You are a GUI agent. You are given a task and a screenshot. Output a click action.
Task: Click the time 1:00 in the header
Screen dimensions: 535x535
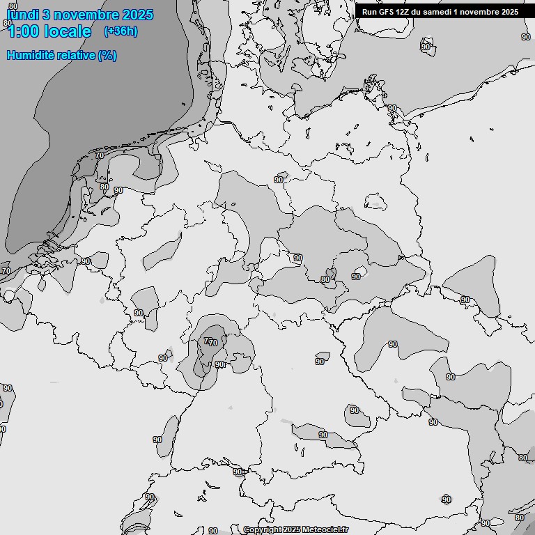click(23, 31)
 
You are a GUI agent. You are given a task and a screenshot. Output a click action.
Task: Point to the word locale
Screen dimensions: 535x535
click(68, 31)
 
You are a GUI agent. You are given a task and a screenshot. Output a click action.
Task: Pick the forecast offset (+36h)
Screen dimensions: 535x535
click(121, 31)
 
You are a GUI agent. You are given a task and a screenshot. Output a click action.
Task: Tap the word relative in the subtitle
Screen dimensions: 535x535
click(75, 55)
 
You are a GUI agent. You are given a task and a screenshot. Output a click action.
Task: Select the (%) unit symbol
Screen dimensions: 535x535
click(107, 55)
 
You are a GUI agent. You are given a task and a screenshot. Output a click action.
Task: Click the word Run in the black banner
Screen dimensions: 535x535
click(369, 12)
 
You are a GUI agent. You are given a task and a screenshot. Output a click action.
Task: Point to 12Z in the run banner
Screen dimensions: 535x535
click(405, 12)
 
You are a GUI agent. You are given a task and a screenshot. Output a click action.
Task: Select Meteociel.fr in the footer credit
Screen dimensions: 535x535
click(325, 530)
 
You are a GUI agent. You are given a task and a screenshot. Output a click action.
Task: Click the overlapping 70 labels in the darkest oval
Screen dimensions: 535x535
click(210, 341)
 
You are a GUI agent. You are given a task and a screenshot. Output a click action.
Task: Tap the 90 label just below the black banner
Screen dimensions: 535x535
click(525, 36)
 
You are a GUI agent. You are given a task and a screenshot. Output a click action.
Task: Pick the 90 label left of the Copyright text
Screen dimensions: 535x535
click(213, 531)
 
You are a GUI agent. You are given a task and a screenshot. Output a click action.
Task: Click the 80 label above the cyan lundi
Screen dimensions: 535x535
click(13, 6)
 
